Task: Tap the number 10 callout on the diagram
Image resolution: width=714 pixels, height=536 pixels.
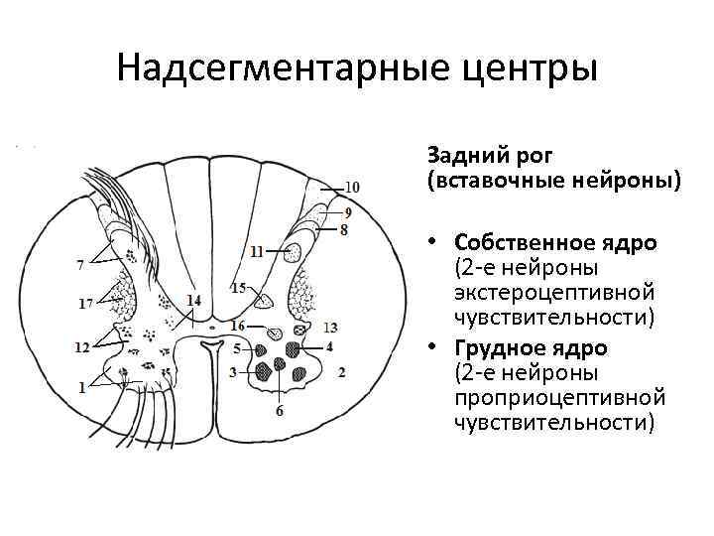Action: point(352,186)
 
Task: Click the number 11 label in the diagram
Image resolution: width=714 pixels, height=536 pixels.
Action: point(258,252)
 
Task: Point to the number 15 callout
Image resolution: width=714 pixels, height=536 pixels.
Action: point(238,288)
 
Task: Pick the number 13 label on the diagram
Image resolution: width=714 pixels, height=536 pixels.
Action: point(330,327)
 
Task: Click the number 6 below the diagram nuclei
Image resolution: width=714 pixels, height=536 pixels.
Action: point(280,410)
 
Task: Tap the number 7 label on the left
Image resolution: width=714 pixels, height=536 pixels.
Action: point(79,264)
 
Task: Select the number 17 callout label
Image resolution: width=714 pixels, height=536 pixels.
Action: point(86,302)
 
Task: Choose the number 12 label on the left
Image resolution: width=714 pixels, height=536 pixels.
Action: point(82,346)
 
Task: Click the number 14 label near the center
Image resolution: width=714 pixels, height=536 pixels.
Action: point(192,300)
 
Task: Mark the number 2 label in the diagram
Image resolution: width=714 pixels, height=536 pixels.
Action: point(340,372)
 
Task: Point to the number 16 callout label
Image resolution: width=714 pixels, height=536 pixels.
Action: point(236,326)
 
